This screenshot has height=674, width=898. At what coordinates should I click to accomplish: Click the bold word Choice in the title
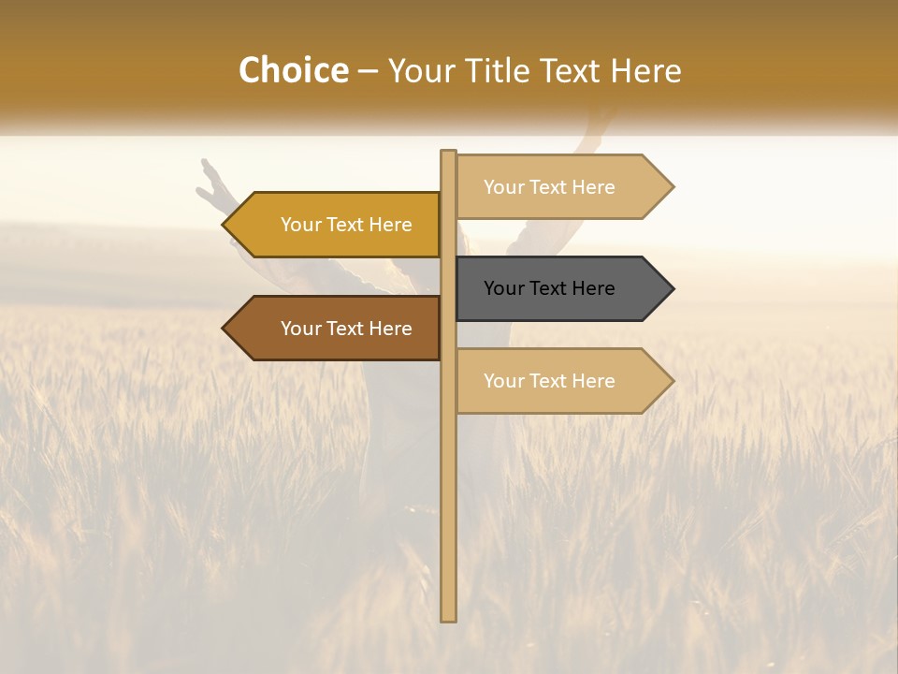click(x=293, y=71)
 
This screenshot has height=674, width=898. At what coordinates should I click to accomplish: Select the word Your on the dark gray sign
click(x=503, y=288)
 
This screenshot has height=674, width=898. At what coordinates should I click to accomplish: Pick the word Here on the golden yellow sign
click(x=390, y=225)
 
